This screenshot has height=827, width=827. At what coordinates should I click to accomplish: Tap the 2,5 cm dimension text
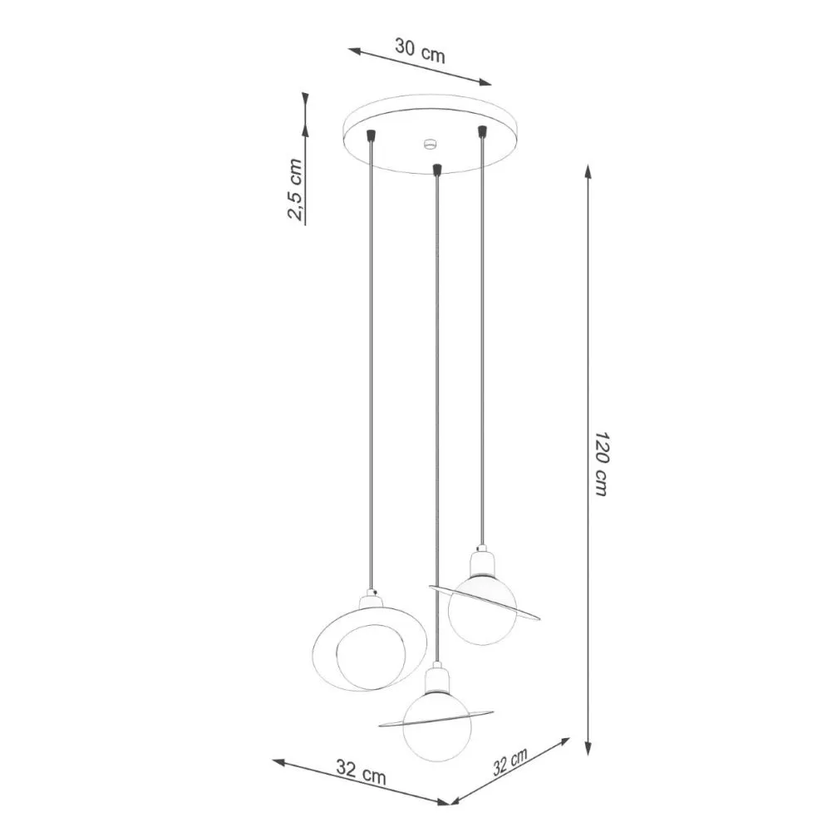pos(295,190)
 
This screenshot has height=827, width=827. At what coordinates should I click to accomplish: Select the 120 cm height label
pos(601,464)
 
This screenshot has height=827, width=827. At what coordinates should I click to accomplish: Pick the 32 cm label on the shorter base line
pos(509,762)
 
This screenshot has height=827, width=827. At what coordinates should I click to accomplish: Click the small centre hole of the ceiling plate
pos(430,145)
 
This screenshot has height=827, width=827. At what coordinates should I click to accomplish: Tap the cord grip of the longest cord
pos(436,170)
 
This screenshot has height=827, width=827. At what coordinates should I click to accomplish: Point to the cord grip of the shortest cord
pos(480,130)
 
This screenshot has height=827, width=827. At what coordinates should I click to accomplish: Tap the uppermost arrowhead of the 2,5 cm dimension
pos(305,98)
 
